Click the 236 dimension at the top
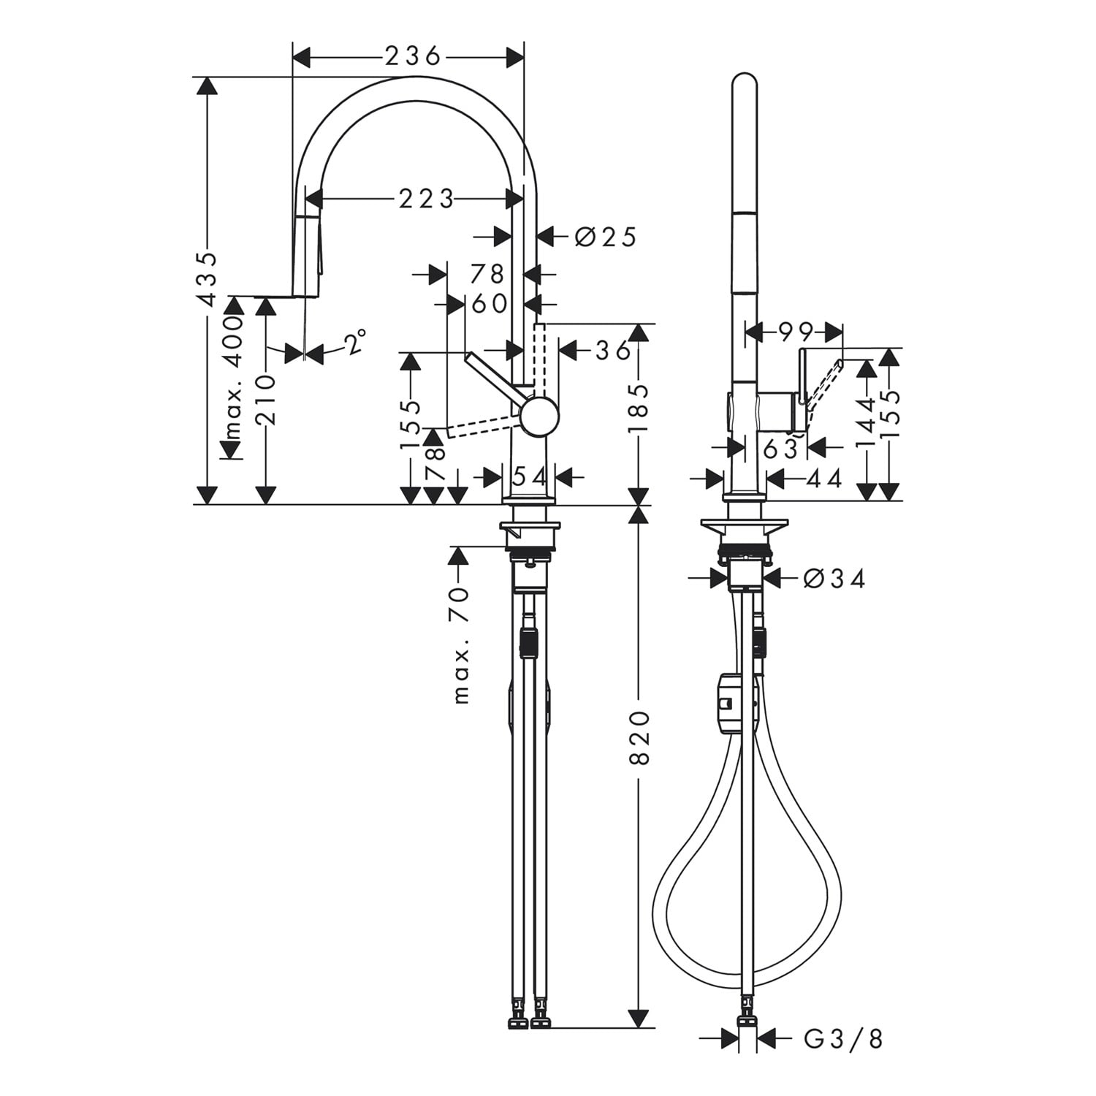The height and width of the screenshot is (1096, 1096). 414,56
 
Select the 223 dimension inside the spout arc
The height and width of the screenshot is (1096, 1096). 427,198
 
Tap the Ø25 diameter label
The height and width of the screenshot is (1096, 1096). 606,236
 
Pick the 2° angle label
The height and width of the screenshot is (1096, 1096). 355,342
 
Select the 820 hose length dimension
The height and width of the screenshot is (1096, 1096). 639,737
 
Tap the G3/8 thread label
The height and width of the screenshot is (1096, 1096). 843,1038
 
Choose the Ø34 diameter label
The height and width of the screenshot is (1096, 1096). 834,579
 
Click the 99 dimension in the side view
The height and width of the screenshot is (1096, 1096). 796,332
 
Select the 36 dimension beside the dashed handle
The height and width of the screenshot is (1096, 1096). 612,351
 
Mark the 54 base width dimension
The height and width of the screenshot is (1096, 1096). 530,477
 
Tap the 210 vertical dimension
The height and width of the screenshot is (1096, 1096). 266,401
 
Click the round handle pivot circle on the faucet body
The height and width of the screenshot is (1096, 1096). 539,417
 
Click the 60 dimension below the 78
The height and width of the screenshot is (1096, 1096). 490,302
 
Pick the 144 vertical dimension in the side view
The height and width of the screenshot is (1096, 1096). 867,422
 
